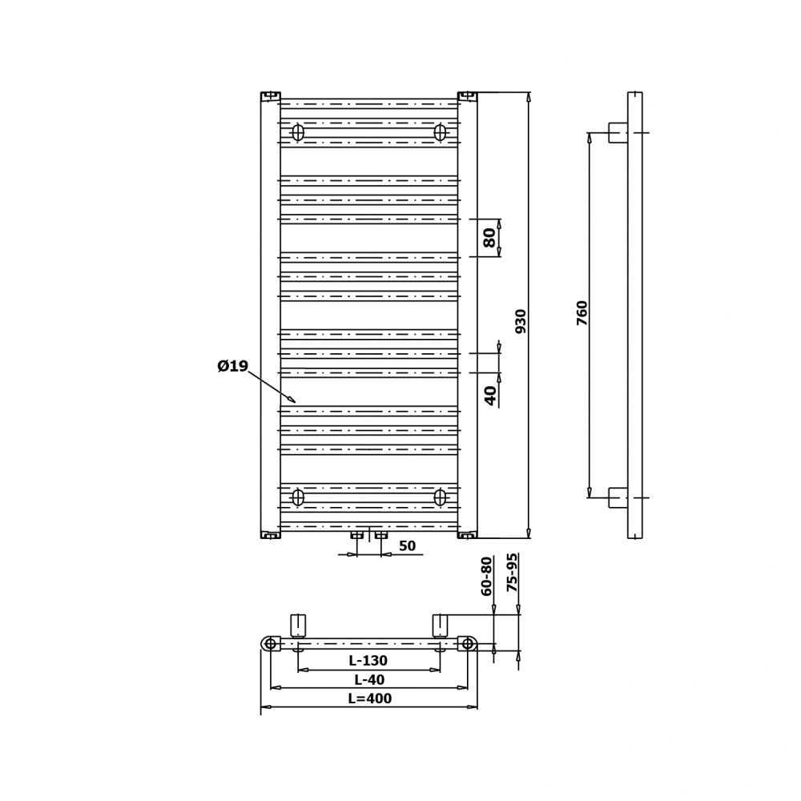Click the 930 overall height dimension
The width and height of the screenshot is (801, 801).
(x=521, y=320)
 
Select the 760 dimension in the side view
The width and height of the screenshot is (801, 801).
(x=582, y=312)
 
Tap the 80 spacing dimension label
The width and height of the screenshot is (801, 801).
(x=489, y=237)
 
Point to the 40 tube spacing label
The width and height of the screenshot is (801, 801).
(x=490, y=395)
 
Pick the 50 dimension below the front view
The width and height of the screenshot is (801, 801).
(x=407, y=546)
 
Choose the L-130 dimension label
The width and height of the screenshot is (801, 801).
(x=368, y=661)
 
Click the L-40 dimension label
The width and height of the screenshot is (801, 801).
(x=369, y=680)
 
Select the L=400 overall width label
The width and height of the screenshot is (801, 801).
(x=370, y=698)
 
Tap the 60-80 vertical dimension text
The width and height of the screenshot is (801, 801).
(x=487, y=576)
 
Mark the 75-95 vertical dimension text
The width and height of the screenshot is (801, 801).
(x=513, y=573)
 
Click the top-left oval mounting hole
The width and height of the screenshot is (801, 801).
(x=298, y=133)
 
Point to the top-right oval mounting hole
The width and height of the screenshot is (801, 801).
(x=440, y=133)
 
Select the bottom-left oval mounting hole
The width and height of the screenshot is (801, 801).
(x=298, y=497)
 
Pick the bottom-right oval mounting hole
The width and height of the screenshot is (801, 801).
(x=440, y=497)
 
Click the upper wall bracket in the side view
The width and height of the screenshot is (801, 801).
(x=618, y=133)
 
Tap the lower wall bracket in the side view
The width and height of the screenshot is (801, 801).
(x=618, y=497)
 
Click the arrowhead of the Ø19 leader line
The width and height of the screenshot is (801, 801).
(x=292, y=400)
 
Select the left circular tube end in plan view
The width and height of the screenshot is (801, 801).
(x=271, y=644)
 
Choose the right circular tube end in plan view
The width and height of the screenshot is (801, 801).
(x=468, y=644)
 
